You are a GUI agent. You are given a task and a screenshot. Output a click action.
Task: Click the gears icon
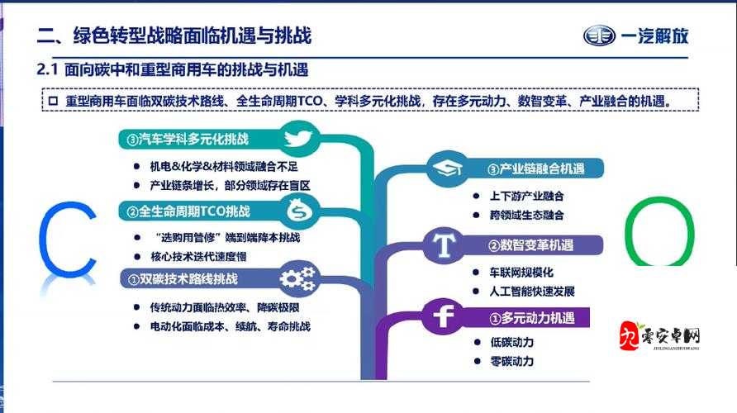tap(296, 278)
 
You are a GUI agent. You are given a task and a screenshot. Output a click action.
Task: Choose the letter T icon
tap(446, 245)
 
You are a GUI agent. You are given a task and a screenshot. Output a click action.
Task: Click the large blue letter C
tap(69, 239)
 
